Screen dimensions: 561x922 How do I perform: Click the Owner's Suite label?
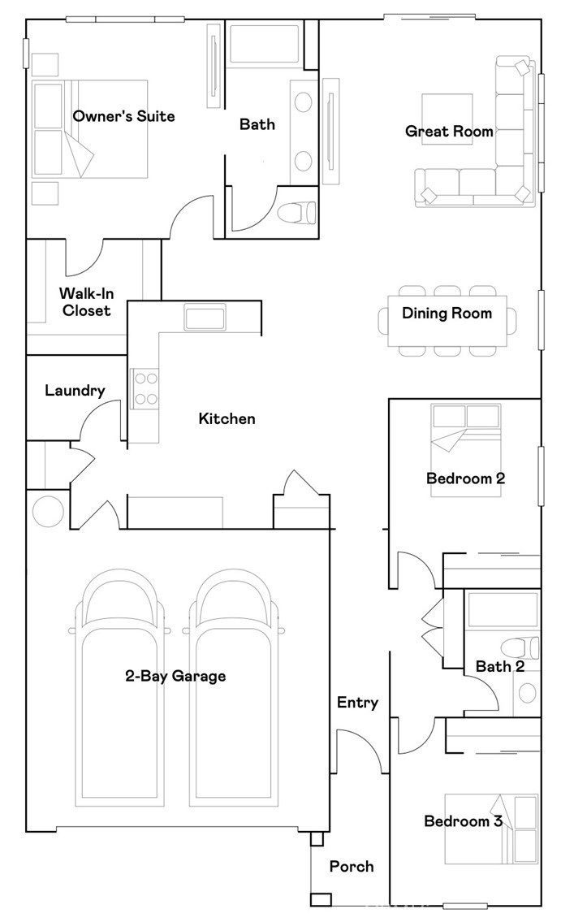[124, 116]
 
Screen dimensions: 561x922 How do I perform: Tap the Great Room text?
[450, 131]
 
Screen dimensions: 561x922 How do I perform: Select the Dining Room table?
[447, 321]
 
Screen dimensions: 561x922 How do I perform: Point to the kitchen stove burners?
[145, 388]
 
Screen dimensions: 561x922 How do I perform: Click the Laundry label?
[76, 391]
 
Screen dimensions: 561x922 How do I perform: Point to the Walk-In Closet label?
[86, 301]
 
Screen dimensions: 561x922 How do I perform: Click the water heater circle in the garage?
[48, 512]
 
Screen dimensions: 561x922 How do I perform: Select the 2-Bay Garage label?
[175, 676]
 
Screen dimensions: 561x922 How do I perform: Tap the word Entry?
[358, 703]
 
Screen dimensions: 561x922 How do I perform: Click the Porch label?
[352, 866]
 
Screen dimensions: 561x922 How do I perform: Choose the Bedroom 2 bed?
[466, 450]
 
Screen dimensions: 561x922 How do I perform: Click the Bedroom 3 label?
[464, 820]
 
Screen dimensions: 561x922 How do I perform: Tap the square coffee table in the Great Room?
[447, 119]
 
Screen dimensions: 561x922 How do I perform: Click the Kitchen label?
[227, 418]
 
